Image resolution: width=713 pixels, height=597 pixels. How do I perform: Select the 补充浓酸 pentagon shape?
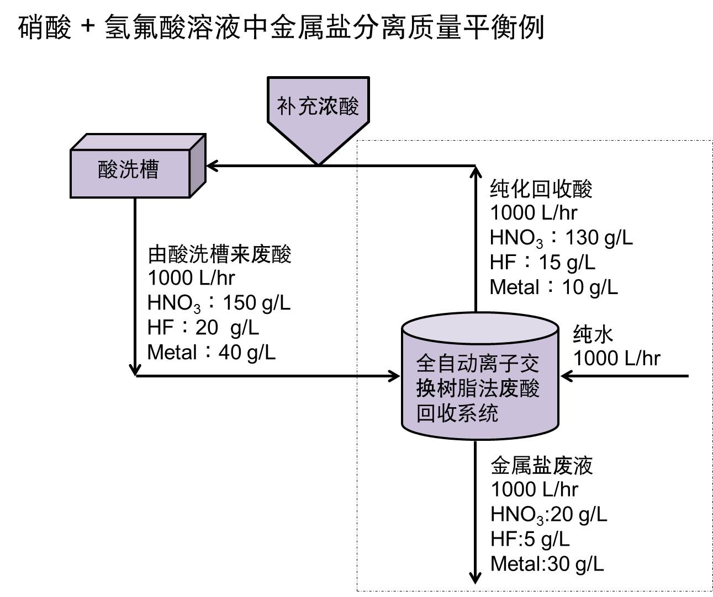pos(318,110)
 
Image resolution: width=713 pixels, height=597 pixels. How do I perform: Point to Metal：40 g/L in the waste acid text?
pos(212,352)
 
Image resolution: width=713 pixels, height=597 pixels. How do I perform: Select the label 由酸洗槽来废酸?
pos(219,254)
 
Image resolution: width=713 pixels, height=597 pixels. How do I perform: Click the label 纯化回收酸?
pos(541,189)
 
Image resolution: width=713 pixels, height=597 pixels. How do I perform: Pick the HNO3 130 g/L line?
pos(561,238)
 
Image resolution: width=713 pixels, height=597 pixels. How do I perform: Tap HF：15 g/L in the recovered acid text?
pos(542,263)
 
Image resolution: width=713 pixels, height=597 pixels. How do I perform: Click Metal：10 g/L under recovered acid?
pos(553,287)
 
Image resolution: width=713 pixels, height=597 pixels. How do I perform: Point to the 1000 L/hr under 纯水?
pos(616,359)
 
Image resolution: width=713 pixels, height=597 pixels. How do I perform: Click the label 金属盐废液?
pos(541,466)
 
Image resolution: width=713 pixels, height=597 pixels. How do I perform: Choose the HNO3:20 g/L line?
pos(548,515)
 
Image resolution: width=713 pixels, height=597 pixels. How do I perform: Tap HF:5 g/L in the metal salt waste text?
pos(530,539)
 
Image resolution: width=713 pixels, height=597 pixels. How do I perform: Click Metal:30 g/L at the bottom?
pos(547,564)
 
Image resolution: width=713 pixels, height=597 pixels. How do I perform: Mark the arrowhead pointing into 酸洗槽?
pos(212,166)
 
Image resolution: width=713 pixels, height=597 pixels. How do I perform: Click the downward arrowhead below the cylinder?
pos(475,578)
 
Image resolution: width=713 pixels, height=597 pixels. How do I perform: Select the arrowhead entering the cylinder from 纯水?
pos(566,376)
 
